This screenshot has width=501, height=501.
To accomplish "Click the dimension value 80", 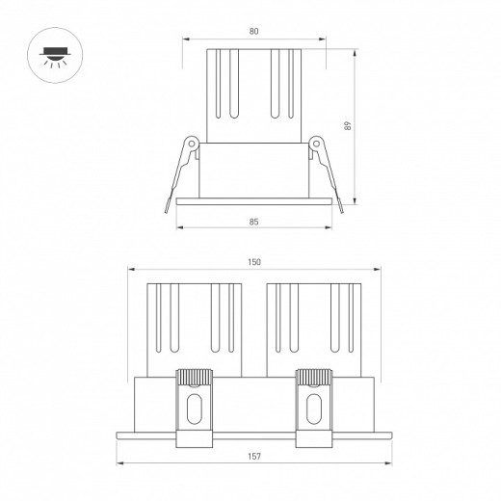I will [x=253, y=31].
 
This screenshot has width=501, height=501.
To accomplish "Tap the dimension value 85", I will [x=253, y=222].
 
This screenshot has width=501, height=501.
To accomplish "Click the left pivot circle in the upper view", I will [x=192, y=145].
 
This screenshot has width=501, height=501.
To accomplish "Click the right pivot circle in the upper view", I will [x=315, y=145].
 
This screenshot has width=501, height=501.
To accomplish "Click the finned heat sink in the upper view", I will [x=253, y=96].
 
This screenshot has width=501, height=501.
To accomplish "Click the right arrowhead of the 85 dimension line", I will [x=330, y=228].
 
